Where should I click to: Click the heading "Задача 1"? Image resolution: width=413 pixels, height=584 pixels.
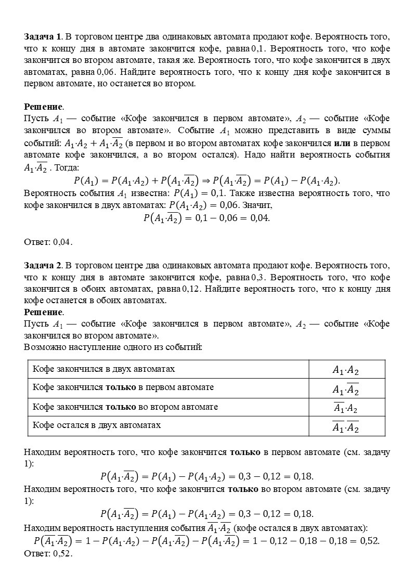43,37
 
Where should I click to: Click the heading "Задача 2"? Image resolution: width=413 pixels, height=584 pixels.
43,265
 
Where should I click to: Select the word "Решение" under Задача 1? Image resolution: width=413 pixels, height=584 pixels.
44,107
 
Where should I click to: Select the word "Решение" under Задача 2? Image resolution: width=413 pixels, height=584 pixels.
44,312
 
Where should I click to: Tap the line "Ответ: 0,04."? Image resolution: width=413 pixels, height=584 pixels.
48,242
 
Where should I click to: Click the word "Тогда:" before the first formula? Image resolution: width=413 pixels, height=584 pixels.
67,168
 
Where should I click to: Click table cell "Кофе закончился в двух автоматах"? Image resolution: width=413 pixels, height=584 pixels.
104,369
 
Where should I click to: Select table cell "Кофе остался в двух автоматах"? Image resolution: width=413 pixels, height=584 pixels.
96,425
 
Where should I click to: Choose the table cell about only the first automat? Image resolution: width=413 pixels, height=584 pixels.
123,388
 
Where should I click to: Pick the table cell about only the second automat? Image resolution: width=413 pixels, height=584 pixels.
125,407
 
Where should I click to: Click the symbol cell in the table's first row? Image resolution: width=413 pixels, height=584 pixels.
346,370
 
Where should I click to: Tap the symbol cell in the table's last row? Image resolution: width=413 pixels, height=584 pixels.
346,426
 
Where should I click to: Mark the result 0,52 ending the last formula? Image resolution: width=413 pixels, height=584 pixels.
370,541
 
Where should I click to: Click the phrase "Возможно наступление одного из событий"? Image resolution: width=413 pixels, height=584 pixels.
113,346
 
